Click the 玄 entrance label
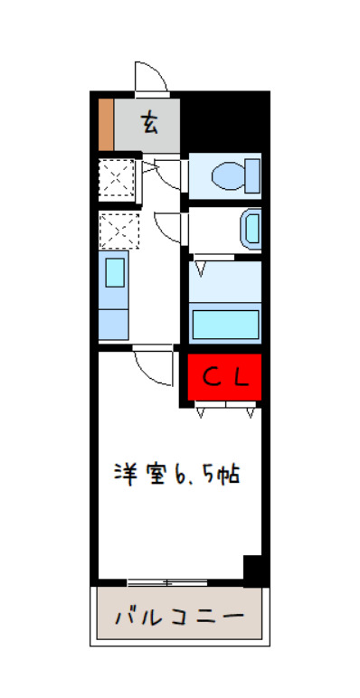149,122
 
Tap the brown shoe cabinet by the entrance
105,124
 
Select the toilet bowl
237,174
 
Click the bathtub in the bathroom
225,324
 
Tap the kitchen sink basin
114,272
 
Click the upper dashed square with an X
117,177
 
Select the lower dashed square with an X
118,231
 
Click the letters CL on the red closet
223,377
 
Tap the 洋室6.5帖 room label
176,473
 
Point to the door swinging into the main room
152,366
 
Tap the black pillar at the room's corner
253,571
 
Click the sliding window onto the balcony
163,580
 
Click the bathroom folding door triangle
201,268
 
